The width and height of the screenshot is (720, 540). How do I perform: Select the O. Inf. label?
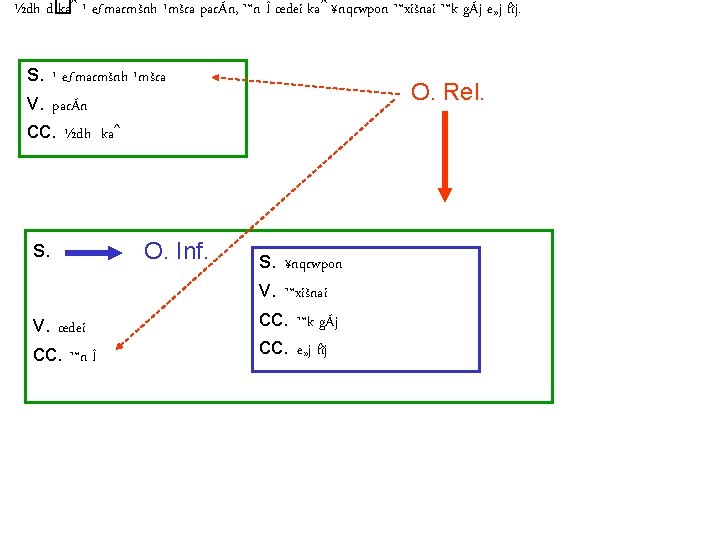177,250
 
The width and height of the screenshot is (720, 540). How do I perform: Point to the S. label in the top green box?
34,74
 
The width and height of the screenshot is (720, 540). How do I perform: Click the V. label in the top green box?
35,102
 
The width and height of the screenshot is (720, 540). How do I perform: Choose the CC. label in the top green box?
38,130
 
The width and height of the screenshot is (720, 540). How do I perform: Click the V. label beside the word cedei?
41,325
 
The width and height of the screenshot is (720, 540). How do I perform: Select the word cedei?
73,326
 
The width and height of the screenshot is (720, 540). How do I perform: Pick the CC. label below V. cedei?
45,354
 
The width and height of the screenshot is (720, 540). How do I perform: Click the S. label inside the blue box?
267,263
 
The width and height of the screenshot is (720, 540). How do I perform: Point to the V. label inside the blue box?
267,291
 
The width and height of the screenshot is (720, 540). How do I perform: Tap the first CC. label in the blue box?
272,320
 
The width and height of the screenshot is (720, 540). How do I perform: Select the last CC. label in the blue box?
272,348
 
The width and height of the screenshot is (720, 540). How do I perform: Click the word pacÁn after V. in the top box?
72,103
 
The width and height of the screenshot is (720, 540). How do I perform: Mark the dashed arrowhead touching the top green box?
213,75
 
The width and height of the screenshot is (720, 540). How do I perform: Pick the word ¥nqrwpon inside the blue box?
314,264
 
